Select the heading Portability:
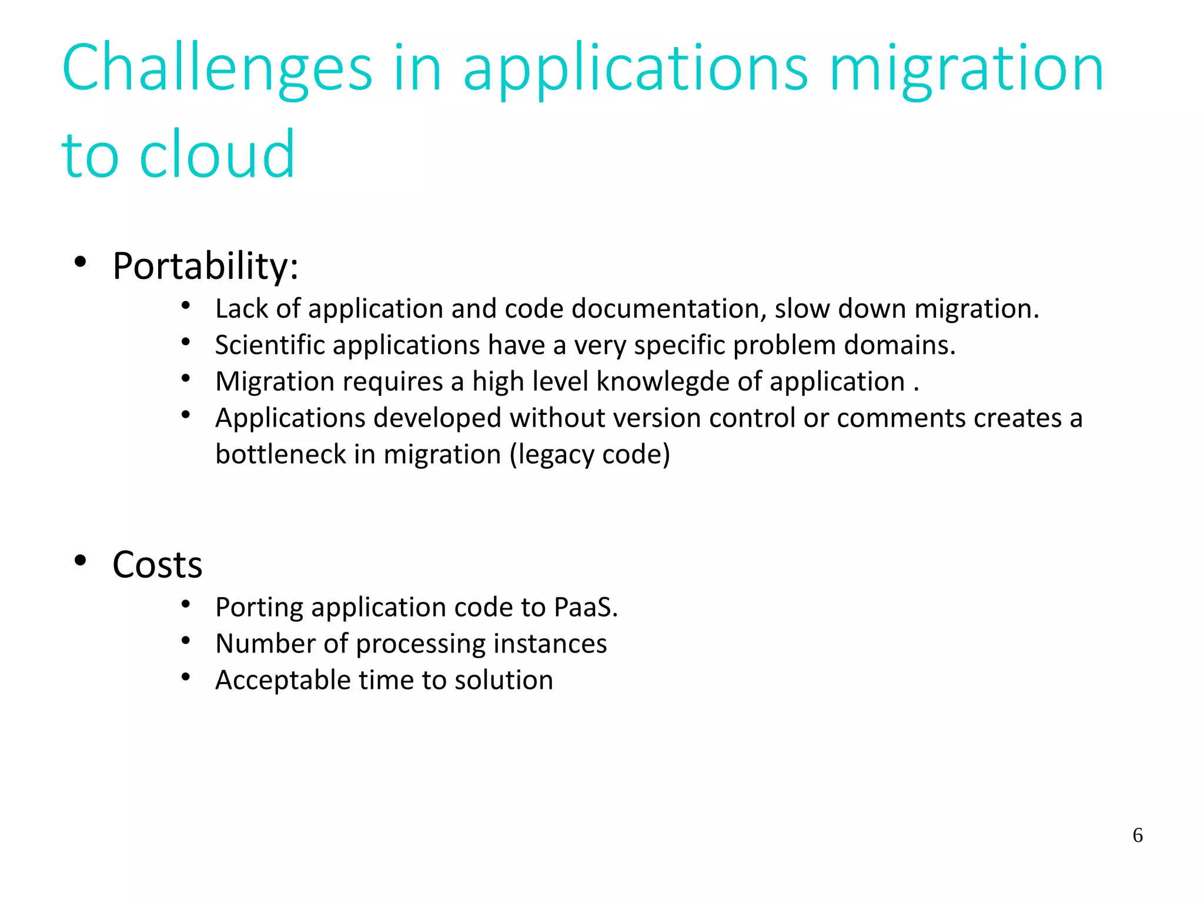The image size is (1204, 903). point(205,266)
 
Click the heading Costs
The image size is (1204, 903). point(157,565)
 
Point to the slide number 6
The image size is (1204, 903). point(1137,835)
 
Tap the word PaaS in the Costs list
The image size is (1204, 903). point(583,607)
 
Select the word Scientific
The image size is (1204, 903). point(269,345)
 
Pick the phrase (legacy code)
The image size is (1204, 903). point(590,454)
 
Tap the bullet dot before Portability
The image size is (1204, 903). point(81,262)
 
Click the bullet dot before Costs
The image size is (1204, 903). point(81,561)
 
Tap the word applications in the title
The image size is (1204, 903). point(635,69)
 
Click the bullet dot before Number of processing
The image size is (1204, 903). point(186,641)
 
